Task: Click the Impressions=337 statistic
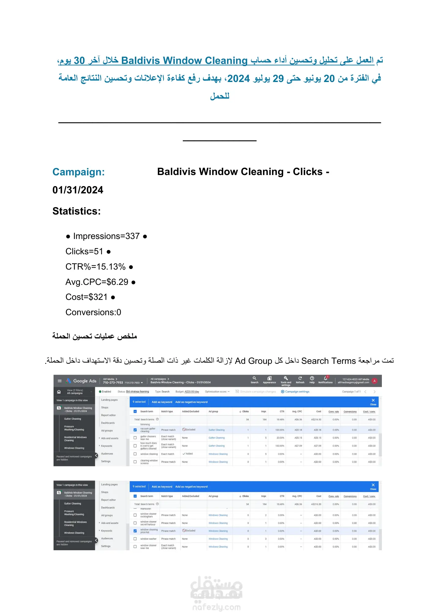pyautogui.click(x=106, y=236)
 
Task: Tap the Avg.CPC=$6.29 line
pyautogui.click(x=97, y=282)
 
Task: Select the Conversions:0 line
pyautogui.click(x=93, y=312)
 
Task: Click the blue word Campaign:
pyautogui.click(x=78, y=172)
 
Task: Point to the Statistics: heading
pyautogui.click(x=77, y=211)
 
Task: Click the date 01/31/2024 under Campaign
pyautogui.click(x=78, y=190)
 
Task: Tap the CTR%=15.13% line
pyautogui.click(x=96, y=267)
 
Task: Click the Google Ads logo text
pyautogui.click(x=85, y=381)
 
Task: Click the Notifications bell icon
pyautogui.click(x=326, y=379)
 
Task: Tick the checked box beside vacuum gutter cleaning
pyautogui.click(x=135, y=430)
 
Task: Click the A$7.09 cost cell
pyautogui.click(x=317, y=446)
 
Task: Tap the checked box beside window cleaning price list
pyautogui.click(x=135, y=531)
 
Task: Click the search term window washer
pyautogui.click(x=148, y=539)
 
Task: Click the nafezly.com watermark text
pyautogui.click(x=217, y=607)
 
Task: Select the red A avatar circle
pyautogui.click(x=374, y=381)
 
